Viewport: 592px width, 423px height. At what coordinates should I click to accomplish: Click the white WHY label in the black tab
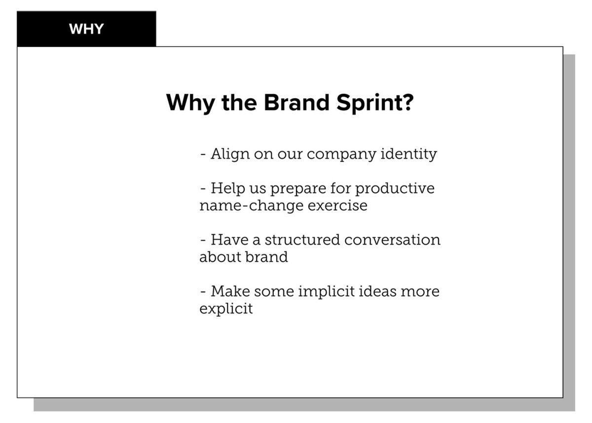[x=86, y=29]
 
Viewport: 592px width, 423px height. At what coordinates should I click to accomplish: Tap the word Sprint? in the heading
[x=375, y=104]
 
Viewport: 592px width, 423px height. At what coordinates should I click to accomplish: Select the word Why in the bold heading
[x=190, y=104]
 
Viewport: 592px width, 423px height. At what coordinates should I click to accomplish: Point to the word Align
[x=230, y=154]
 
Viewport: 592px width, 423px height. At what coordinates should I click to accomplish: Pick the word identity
[x=408, y=154]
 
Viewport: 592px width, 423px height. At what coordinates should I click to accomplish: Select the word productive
[x=395, y=188]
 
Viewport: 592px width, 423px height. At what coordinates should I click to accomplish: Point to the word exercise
[x=337, y=206]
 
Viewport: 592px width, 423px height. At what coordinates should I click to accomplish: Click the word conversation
[x=393, y=240]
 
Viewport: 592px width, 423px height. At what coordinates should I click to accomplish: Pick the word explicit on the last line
[x=226, y=309]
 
